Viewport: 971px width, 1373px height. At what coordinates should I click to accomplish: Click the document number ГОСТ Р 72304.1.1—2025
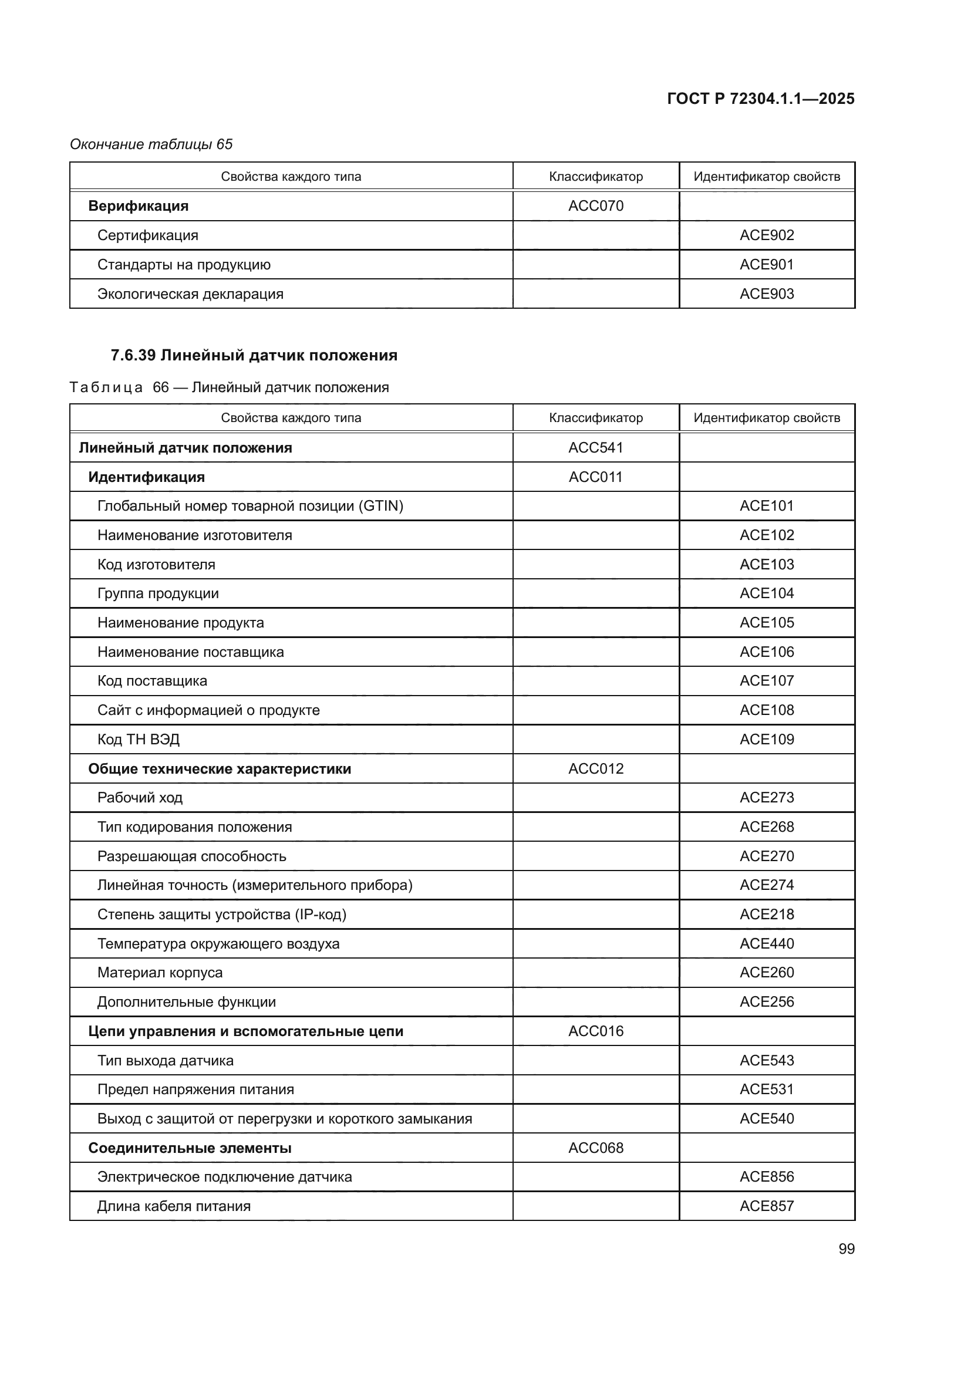tap(760, 99)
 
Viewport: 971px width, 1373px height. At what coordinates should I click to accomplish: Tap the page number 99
tap(847, 1249)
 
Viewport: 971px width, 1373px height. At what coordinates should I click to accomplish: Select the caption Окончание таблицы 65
tap(151, 144)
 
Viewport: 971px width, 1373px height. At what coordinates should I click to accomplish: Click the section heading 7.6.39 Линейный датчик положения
tap(254, 355)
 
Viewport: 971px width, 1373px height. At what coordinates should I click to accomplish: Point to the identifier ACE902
tap(767, 235)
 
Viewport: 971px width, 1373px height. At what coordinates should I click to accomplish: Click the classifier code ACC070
tap(595, 205)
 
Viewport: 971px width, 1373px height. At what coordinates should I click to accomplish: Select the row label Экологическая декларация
tap(190, 294)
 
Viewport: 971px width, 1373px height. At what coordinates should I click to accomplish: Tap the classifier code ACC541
tap(595, 447)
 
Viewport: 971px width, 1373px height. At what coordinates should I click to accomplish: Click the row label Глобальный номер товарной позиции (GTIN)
tap(250, 506)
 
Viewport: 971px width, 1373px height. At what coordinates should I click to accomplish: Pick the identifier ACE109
tap(767, 739)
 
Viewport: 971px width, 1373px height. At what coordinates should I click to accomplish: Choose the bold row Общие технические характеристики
tap(220, 768)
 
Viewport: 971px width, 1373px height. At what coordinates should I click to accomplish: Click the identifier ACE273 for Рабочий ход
tap(767, 797)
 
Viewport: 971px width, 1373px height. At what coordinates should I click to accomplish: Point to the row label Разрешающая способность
tap(191, 856)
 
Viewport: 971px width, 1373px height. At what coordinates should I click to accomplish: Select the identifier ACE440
tap(767, 943)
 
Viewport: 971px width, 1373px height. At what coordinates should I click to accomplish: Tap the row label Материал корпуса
tap(160, 972)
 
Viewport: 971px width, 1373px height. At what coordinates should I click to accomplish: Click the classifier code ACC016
tap(595, 1031)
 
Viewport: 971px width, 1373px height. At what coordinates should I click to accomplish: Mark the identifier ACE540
tap(767, 1118)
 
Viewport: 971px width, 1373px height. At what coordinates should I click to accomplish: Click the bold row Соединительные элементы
tap(190, 1148)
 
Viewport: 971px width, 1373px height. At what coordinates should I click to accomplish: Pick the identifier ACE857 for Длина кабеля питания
tap(767, 1206)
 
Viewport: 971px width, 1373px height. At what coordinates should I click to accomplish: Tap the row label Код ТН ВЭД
tap(138, 739)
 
